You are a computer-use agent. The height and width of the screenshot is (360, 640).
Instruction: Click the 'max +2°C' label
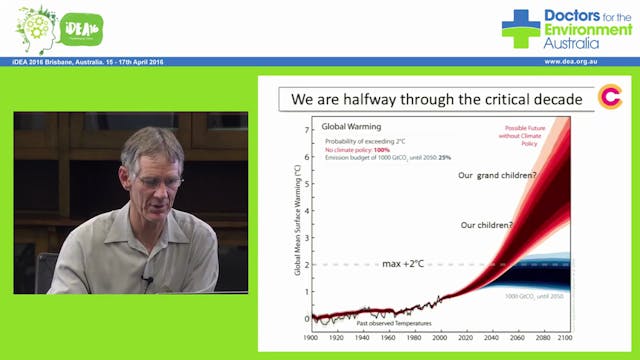[x=409, y=264]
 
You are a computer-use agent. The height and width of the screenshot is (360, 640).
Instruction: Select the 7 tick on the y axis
[x=306, y=131]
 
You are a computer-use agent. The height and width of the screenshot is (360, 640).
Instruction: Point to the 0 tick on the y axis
[x=306, y=318]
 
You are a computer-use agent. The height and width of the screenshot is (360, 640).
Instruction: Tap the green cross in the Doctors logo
[x=520, y=28]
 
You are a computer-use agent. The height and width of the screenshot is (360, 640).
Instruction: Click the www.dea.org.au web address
[x=585, y=62]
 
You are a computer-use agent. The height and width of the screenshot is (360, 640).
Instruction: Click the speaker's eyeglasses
[x=160, y=182]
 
